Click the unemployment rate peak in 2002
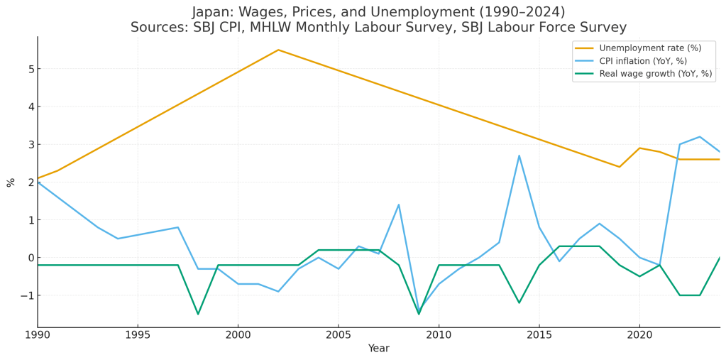click(278, 50)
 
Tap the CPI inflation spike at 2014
click(519, 156)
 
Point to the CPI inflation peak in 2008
click(399, 204)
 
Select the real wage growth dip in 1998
click(198, 314)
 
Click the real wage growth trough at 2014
click(519, 302)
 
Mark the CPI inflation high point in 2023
click(700, 137)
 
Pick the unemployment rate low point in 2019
click(620, 167)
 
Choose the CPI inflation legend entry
click(643, 61)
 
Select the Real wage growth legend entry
click(655, 74)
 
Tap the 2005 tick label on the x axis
click(338, 334)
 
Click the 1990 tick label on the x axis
click(38, 334)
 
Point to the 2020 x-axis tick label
click(639, 334)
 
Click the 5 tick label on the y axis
click(31, 69)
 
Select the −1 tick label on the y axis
click(28, 295)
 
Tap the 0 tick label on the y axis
click(31, 258)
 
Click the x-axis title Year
click(378, 349)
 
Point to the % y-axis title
click(11, 182)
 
